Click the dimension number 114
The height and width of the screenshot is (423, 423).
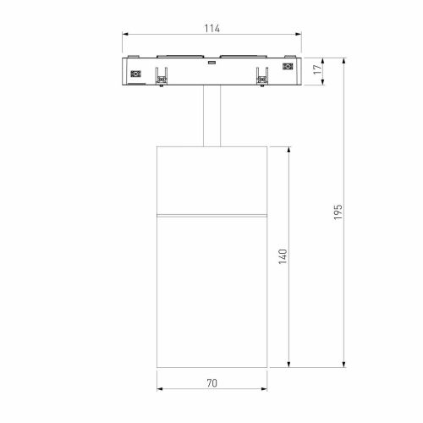coord(211,29)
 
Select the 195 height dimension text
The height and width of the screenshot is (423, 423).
coord(337,212)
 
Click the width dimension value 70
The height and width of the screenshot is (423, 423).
coord(211,382)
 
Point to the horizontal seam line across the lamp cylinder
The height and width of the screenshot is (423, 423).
coord(211,214)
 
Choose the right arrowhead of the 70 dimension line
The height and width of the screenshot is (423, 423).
coord(264,390)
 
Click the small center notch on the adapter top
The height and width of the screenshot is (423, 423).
coord(211,61)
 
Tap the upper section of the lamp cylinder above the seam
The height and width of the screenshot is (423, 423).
coord(211,178)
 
